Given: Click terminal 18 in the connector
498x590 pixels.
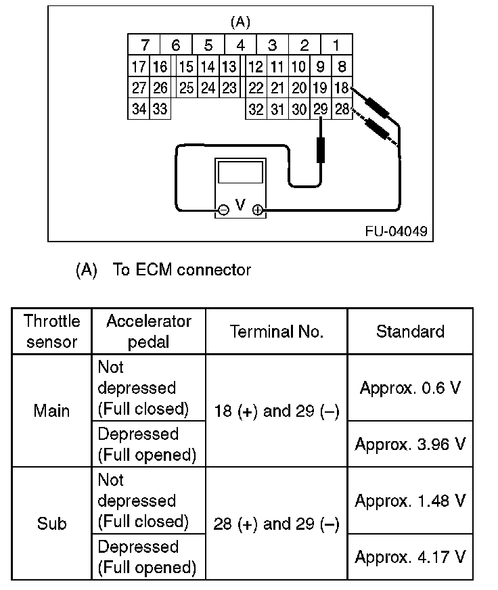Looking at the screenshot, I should pos(342,87).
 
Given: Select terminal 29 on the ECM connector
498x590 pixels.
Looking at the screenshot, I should pos(321,109).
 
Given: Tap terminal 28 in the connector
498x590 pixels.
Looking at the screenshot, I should pos(342,109).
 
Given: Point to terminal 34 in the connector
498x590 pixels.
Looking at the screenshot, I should pos(139,109).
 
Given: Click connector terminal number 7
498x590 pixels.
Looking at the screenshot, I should pos(144,46).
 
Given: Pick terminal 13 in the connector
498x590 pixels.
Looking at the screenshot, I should pos(229,66).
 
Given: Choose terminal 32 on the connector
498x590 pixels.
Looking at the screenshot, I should pos(255,109).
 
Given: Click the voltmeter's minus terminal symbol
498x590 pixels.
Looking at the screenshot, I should pos(223,210).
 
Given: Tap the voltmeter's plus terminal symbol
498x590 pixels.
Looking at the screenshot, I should pos(258,210).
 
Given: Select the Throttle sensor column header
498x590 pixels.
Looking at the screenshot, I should pos(51,331).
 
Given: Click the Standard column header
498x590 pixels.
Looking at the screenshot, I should pos(410,332).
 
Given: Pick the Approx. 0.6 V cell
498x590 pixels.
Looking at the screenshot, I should pos(410,388).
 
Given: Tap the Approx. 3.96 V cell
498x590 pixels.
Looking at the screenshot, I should pos(410,444).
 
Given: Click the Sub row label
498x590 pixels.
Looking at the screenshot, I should pos(51,524).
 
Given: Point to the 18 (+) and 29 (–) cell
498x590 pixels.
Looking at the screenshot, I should pos(276,411).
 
